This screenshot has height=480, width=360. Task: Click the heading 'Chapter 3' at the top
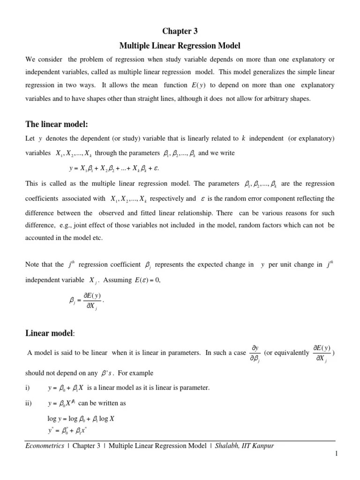pyautogui.click(x=180, y=31)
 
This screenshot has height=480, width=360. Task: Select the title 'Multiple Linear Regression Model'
pyautogui.click(x=180, y=46)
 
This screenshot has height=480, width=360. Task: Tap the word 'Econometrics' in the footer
pyautogui.click(x=45, y=446)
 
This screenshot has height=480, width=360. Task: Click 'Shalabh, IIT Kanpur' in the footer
pyautogui.click(x=244, y=446)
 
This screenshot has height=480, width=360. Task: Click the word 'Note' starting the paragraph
pyautogui.click(x=32, y=264)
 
